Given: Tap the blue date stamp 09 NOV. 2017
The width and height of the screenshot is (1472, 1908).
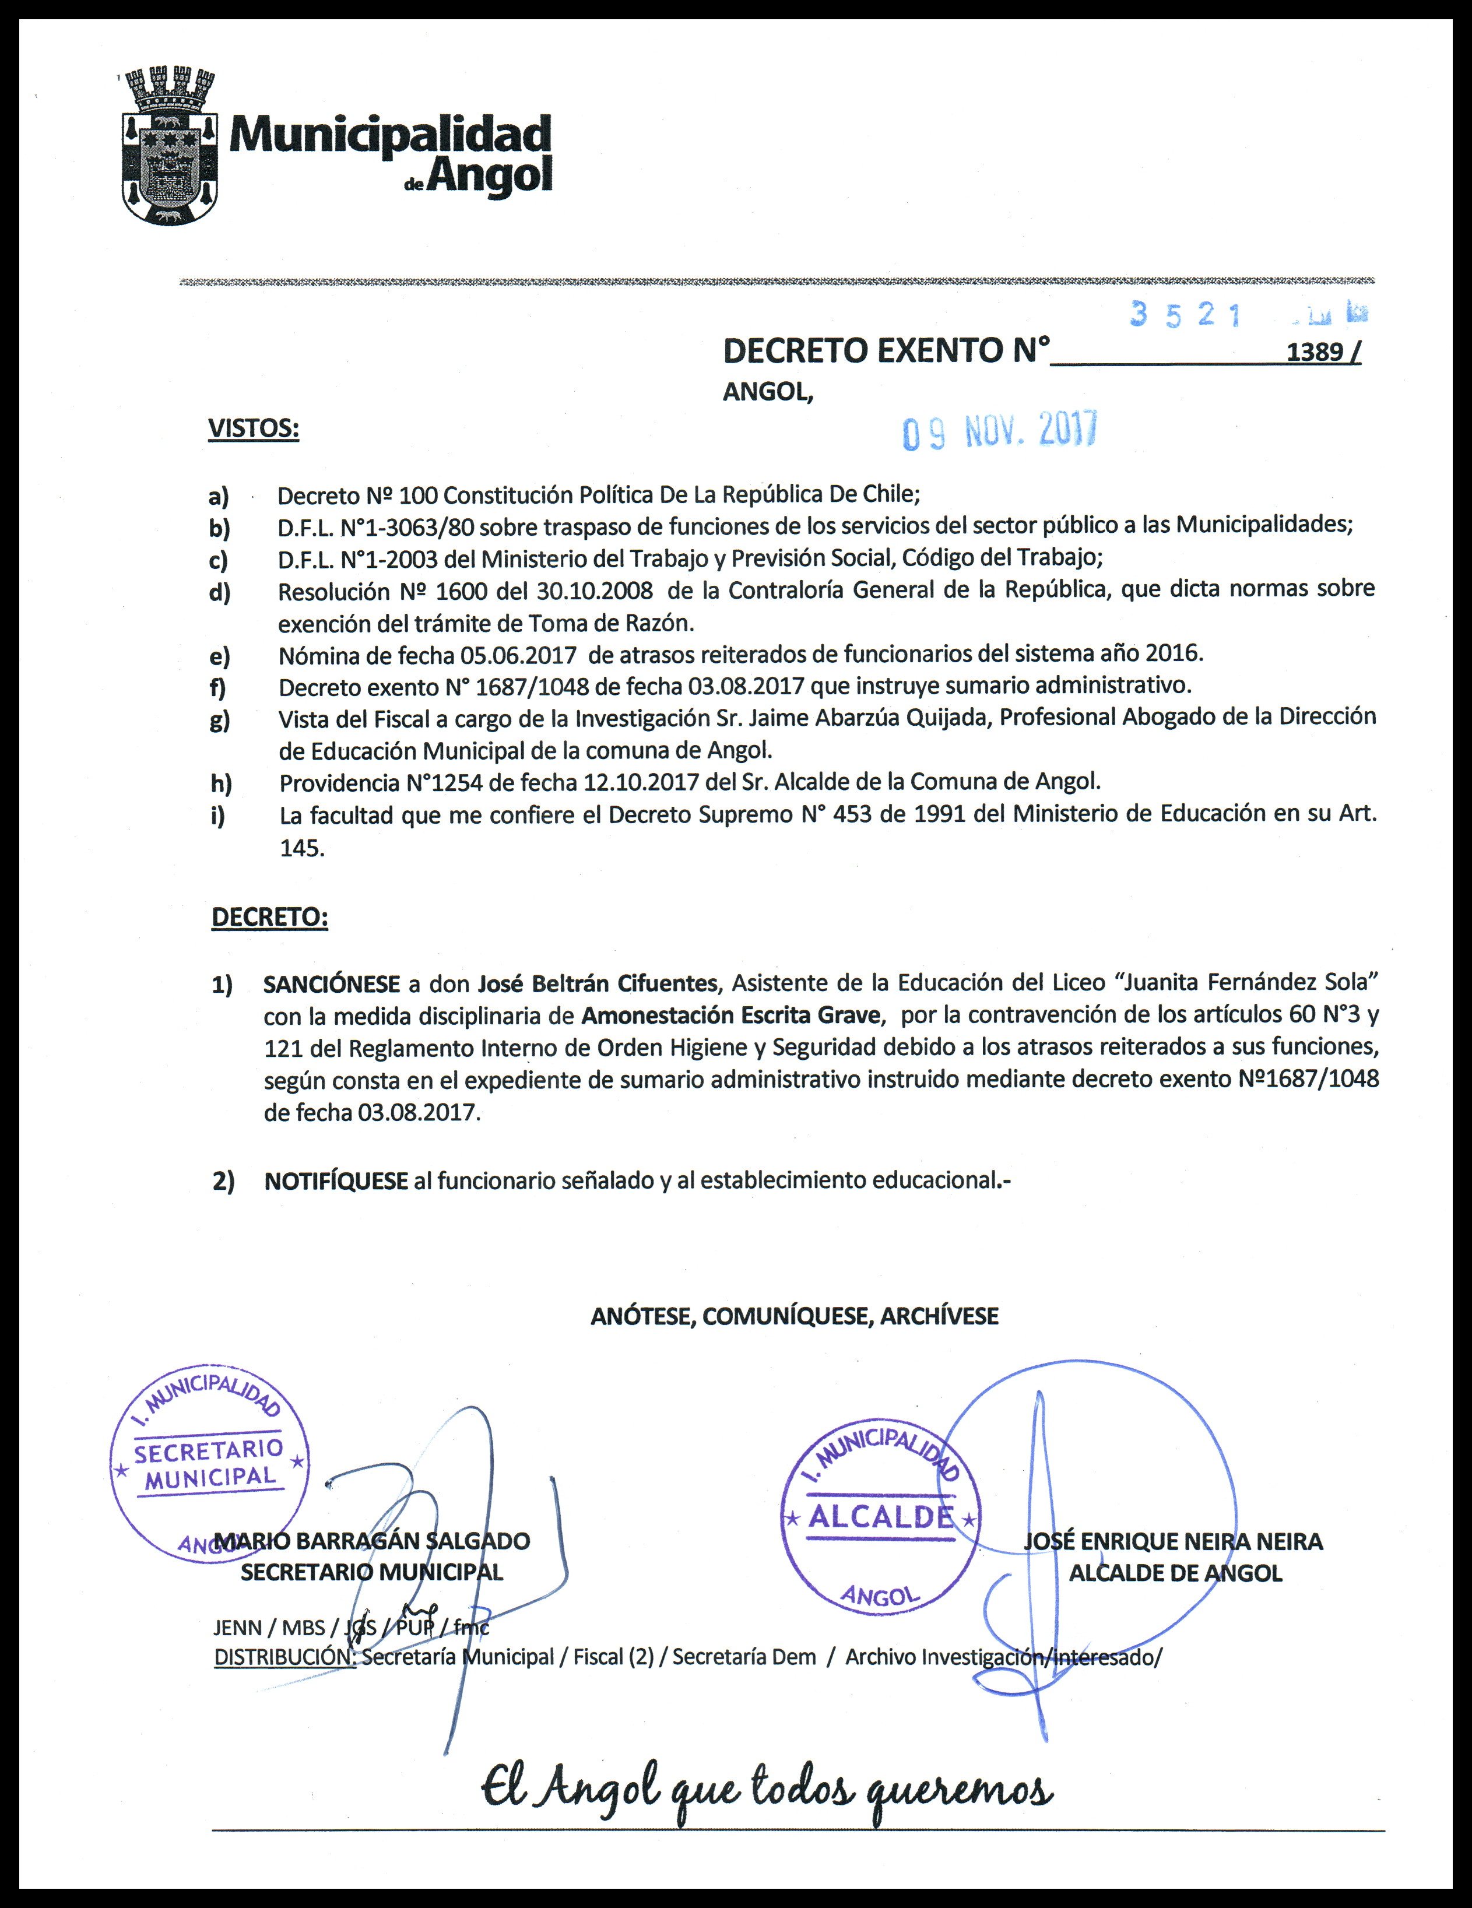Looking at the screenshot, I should (x=1000, y=431).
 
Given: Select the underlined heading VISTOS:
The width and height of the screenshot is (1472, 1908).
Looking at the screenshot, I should (x=254, y=429).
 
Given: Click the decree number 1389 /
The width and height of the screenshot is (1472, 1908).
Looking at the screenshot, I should (x=1323, y=352).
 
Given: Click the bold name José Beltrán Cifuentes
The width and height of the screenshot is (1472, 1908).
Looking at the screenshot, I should (x=596, y=983).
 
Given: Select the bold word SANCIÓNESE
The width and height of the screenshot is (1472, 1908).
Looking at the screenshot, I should (x=332, y=983).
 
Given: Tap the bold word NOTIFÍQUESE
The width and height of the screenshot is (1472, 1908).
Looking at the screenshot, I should (x=336, y=1181).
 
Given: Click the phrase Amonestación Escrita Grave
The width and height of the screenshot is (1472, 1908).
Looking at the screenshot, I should (x=730, y=1015).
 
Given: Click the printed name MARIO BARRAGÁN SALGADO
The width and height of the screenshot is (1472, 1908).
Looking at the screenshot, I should (x=372, y=1541).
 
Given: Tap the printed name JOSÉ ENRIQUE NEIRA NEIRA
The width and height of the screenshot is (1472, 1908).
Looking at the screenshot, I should (x=1174, y=1542).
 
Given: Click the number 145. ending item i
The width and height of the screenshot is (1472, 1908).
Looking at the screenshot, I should (x=301, y=848).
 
